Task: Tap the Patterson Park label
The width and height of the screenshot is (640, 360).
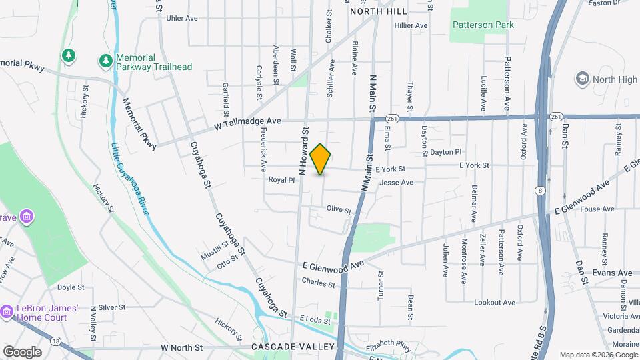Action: pos(483,25)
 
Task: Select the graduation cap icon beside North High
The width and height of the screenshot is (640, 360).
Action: pos(582,79)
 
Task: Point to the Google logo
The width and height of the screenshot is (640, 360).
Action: pos(22,351)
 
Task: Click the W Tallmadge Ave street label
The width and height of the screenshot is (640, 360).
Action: pos(247,121)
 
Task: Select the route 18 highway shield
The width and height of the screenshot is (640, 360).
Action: pos(55,341)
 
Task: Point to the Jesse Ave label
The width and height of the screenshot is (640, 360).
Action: pos(396,182)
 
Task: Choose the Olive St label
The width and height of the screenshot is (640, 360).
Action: pos(339,209)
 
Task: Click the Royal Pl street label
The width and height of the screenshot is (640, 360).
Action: pos(281,180)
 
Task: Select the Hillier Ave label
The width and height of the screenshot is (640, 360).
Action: pos(411,25)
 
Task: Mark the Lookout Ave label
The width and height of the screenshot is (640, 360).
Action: pos(495,303)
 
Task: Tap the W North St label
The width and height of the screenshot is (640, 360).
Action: pos(181,348)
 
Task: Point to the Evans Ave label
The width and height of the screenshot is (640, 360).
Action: pos(612,273)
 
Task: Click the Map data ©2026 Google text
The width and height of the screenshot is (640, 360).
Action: pos(599,355)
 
